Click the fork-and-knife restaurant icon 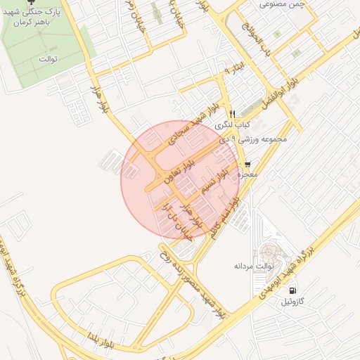pyautogui.click(x=231, y=113)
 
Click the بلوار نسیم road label pyautogui.click(x=214, y=181)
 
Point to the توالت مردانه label pyautogui.click(x=253, y=267)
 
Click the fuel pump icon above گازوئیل pyautogui.click(x=292, y=290)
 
